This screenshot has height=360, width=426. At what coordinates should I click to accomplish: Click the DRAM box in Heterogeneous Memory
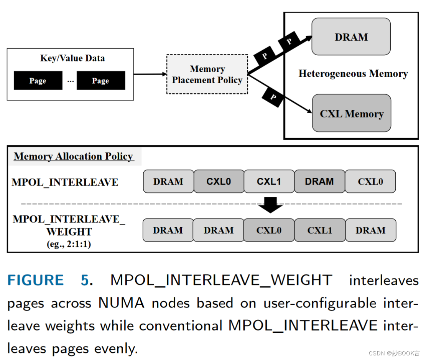(351, 37)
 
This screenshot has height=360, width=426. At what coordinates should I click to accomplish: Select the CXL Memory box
(351, 114)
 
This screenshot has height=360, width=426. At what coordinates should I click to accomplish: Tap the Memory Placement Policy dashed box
(207, 74)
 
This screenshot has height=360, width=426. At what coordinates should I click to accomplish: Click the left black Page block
(38, 81)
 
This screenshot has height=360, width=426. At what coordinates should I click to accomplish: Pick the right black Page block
(100, 81)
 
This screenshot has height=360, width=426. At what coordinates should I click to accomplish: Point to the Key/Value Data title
(72, 58)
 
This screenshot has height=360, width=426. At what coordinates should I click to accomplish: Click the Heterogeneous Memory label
(353, 74)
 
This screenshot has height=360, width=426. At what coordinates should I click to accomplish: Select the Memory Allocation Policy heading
(74, 157)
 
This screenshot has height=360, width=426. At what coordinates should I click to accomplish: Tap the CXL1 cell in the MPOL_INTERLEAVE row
(269, 182)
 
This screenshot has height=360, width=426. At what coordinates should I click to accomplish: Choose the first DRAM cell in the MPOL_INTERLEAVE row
(168, 182)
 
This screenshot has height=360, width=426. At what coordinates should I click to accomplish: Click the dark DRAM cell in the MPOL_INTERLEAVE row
(319, 182)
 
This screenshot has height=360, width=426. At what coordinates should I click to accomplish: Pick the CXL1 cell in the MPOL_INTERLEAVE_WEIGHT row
(319, 230)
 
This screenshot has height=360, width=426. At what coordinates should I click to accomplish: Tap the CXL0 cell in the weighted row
(269, 230)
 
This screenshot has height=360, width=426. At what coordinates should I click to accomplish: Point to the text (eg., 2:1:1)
(69, 244)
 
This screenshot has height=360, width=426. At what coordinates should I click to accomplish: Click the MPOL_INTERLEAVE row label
(65, 182)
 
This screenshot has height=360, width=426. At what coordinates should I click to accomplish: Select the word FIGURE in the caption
(36, 280)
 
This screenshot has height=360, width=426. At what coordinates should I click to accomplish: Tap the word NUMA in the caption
(121, 303)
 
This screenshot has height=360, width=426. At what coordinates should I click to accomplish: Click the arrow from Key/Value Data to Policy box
(150, 74)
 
